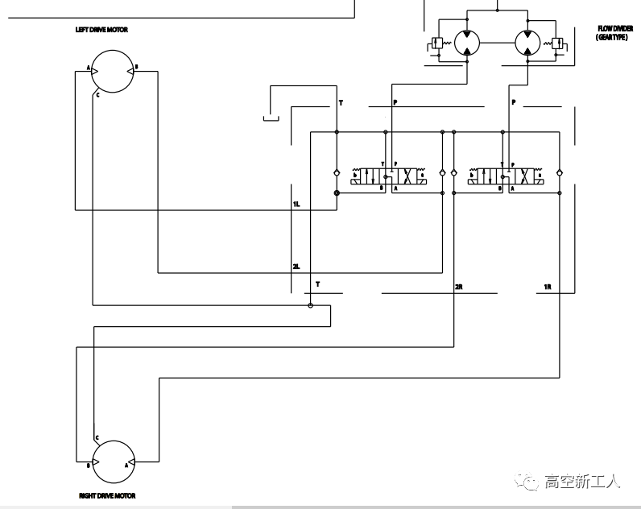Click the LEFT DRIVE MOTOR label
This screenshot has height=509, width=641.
pyautogui.click(x=101, y=30)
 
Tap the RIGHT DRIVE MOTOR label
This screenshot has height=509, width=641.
pyautogui.click(x=106, y=496)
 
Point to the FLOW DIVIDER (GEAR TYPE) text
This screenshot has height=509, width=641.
pyautogui.click(x=614, y=32)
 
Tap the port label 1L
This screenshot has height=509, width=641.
pyautogui.click(x=296, y=205)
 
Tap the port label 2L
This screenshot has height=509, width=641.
pyautogui.click(x=296, y=267)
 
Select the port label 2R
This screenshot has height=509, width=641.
pyautogui.click(x=459, y=287)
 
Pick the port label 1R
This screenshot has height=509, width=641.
pyautogui.click(x=547, y=287)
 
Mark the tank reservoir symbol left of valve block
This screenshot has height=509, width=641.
pyautogui.click(x=271, y=119)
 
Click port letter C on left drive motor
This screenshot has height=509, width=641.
pyautogui.click(x=97, y=94)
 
